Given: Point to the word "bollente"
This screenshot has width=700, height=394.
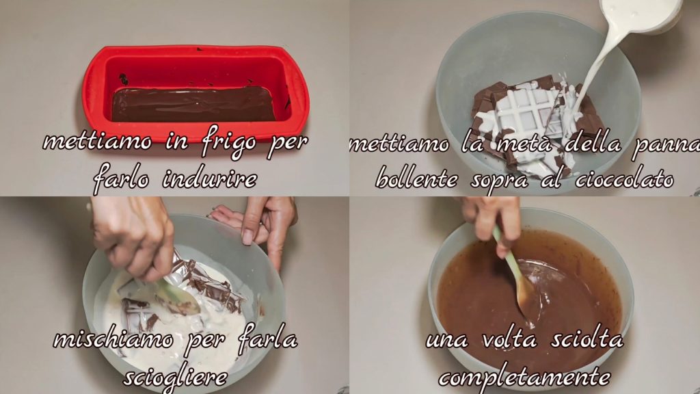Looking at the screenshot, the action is (417, 179).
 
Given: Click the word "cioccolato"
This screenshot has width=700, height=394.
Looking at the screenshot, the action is (624, 180).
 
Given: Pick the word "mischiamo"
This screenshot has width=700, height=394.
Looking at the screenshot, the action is (113, 339).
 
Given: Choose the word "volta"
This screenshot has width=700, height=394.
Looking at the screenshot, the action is (509, 339).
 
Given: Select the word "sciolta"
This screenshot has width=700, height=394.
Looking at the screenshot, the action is (587, 339).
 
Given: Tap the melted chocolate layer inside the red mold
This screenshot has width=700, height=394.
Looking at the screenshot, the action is (193, 104).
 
